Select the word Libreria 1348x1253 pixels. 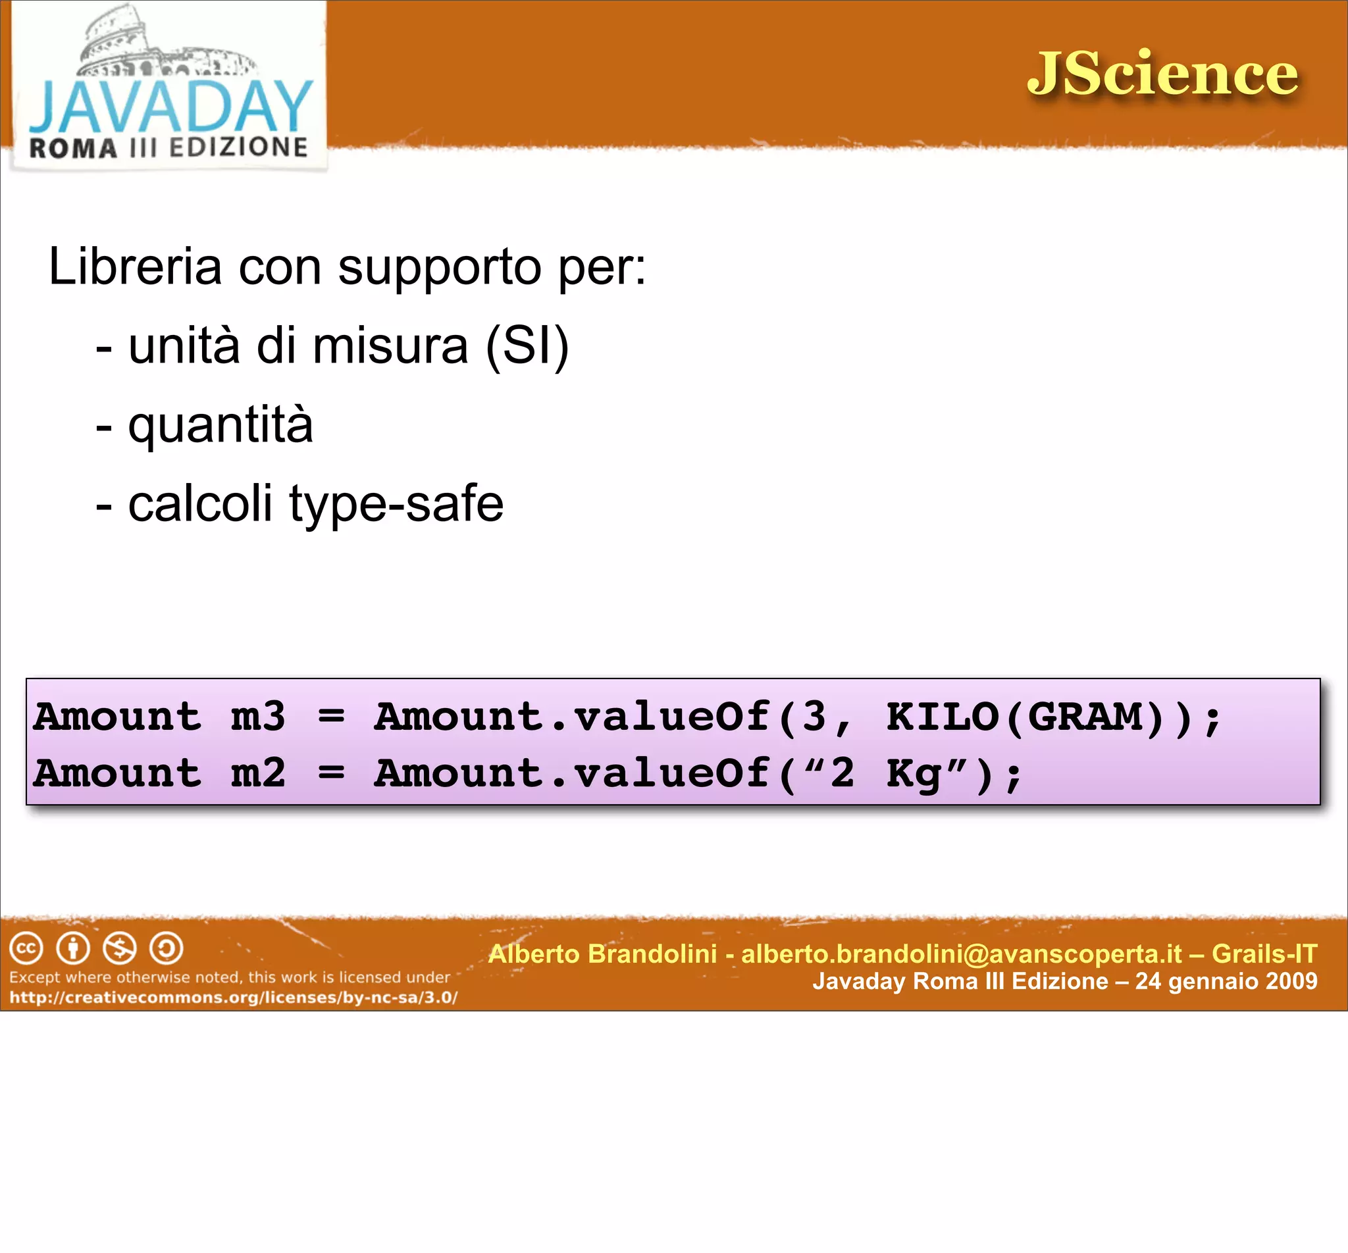(x=135, y=267)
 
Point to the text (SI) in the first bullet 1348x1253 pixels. (x=527, y=345)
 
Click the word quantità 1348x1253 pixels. (x=220, y=425)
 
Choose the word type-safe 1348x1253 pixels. (x=397, y=504)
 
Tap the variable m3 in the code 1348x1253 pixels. (x=258, y=717)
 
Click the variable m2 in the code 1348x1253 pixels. (x=258, y=773)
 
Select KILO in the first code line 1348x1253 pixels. (x=943, y=717)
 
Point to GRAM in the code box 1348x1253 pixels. (x=1085, y=717)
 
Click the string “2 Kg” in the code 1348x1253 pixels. (x=885, y=773)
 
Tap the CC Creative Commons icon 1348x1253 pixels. (x=26, y=948)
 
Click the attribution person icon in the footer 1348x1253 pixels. (x=73, y=948)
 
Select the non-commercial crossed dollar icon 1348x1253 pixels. (x=120, y=948)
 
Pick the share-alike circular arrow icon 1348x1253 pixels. (x=166, y=948)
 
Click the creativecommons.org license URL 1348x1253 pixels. (x=233, y=998)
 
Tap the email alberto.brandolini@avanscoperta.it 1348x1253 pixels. (x=962, y=954)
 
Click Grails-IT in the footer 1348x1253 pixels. (x=1264, y=954)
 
